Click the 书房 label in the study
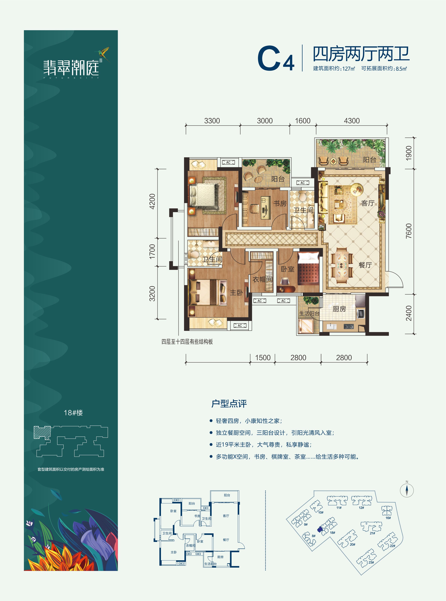click(x=280, y=203)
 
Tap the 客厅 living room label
click(x=368, y=203)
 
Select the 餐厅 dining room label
click(x=365, y=265)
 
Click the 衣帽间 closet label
click(x=262, y=279)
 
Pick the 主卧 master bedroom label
click(x=236, y=292)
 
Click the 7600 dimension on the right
click(x=409, y=231)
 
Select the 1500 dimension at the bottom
click(x=263, y=358)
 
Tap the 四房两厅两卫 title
click(x=361, y=54)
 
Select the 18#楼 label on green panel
click(x=73, y=413)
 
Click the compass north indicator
click(x=407, y=490)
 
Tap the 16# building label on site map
click(x=388, y=518)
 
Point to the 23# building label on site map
click(x=371, y=562)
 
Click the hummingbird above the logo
click(x=103, y=53)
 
